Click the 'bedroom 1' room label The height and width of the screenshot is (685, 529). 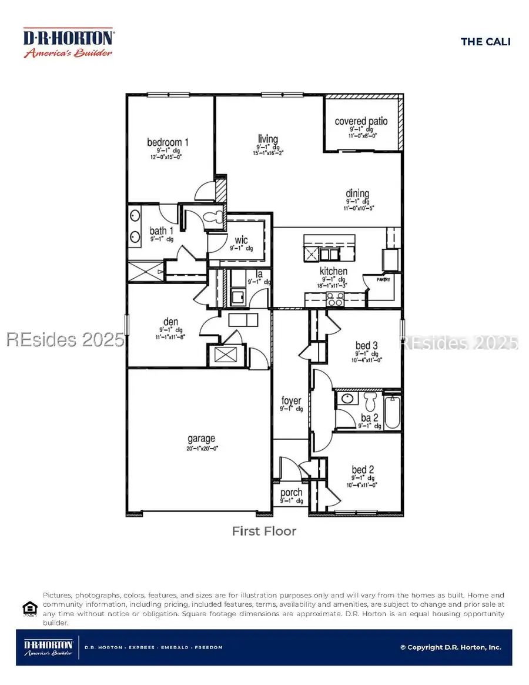168,142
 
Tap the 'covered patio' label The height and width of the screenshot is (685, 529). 361,121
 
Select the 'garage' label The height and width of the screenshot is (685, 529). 202,438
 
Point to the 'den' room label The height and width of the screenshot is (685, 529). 170,322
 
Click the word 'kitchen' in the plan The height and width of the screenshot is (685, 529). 333,271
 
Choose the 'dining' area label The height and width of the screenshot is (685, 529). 357,193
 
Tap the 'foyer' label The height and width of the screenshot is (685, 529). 291,400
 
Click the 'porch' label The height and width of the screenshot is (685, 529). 291,493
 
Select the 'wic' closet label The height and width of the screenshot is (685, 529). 241,240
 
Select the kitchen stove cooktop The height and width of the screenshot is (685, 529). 334,301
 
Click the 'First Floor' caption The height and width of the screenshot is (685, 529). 264,532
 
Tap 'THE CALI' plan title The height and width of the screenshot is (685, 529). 486,41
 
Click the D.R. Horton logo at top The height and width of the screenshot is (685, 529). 68,42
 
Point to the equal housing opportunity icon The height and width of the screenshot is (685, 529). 29,608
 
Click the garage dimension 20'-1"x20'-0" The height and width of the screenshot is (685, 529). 202,449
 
